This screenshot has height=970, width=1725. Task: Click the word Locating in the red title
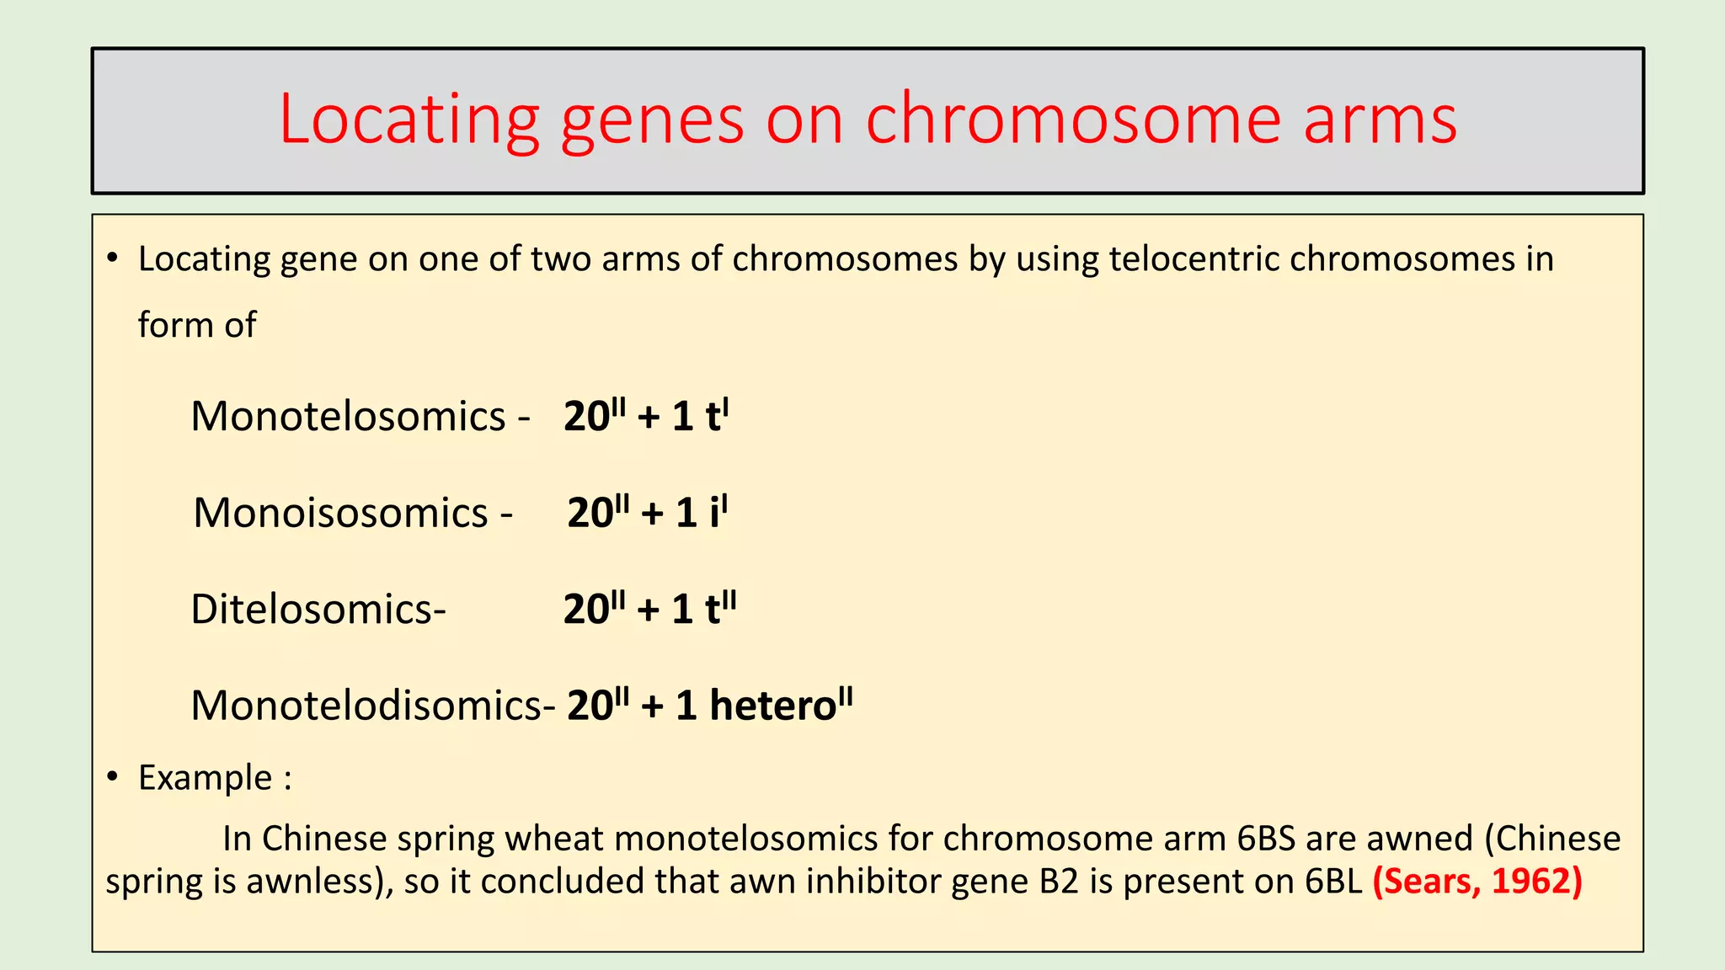tap(409, 120)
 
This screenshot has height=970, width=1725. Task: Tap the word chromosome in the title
tap(1073, 119)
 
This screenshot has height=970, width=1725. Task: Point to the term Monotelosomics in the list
tap(348, 416)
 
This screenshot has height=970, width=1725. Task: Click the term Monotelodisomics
tap(366, 705)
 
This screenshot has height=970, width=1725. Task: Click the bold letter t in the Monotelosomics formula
tap(713, 417)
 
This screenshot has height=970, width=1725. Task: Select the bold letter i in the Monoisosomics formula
tap(715, 513)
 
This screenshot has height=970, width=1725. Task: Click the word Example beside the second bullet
tap(205, 777)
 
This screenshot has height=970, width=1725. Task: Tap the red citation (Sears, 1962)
tap(1477, 881)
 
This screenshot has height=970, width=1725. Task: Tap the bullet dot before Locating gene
tap(112, 258)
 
